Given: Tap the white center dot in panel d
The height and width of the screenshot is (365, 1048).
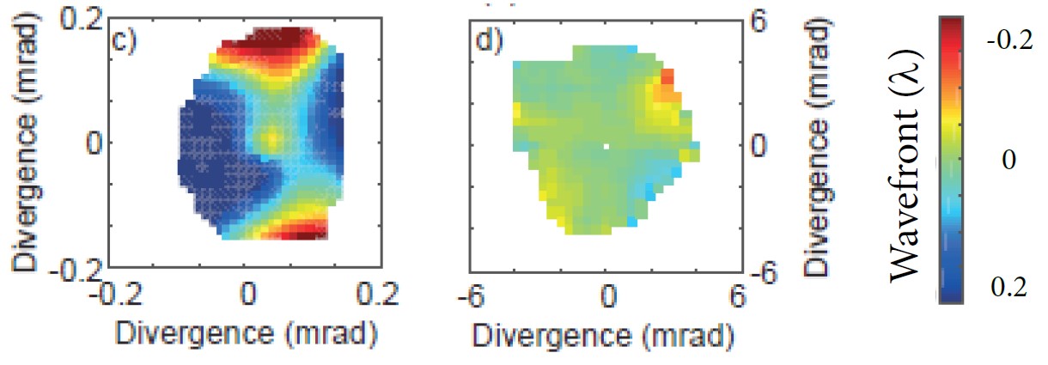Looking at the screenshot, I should click(606, 147).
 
